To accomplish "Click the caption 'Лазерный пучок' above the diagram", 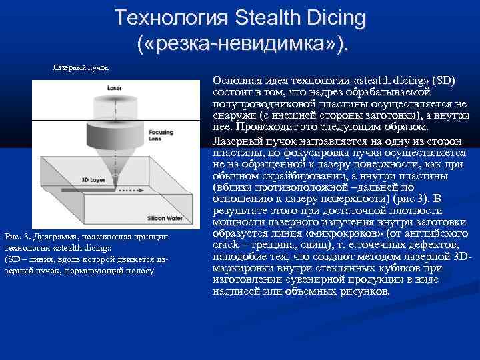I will click(81, 67).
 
